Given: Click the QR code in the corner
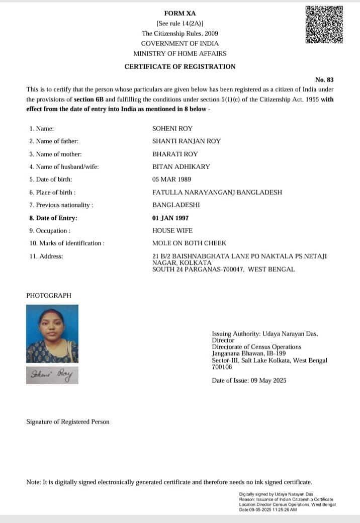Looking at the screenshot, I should click(324, 24).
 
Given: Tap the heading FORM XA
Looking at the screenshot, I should click(179, 13).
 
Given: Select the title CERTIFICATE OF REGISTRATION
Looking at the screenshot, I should click(179, 66).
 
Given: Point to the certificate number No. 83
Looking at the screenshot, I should click(324, 79).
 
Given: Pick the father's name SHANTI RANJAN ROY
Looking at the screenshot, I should click(186, 141).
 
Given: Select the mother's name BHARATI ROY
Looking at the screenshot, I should click(175, 154).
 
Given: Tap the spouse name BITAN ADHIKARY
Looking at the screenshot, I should click(181, 166).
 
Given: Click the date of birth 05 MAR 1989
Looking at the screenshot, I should click(171, 179).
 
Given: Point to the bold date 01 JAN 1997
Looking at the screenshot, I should click(170, 218).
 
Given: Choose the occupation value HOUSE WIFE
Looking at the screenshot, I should click(172, 230).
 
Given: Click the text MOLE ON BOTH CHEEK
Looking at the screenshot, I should click(189, 243).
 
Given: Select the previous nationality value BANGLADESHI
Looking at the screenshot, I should click(176, 205).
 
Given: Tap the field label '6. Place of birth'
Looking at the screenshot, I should click(52, 192).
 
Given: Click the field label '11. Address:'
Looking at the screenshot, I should click(46, 256).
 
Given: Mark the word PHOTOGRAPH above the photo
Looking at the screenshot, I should click(49, 296).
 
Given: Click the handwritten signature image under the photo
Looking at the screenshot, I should click(52, 375).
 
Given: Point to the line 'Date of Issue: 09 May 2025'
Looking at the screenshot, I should click(249, 381).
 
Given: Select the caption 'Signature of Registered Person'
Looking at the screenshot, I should click(67, 421).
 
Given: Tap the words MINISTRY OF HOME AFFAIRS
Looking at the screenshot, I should click(179, 53).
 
